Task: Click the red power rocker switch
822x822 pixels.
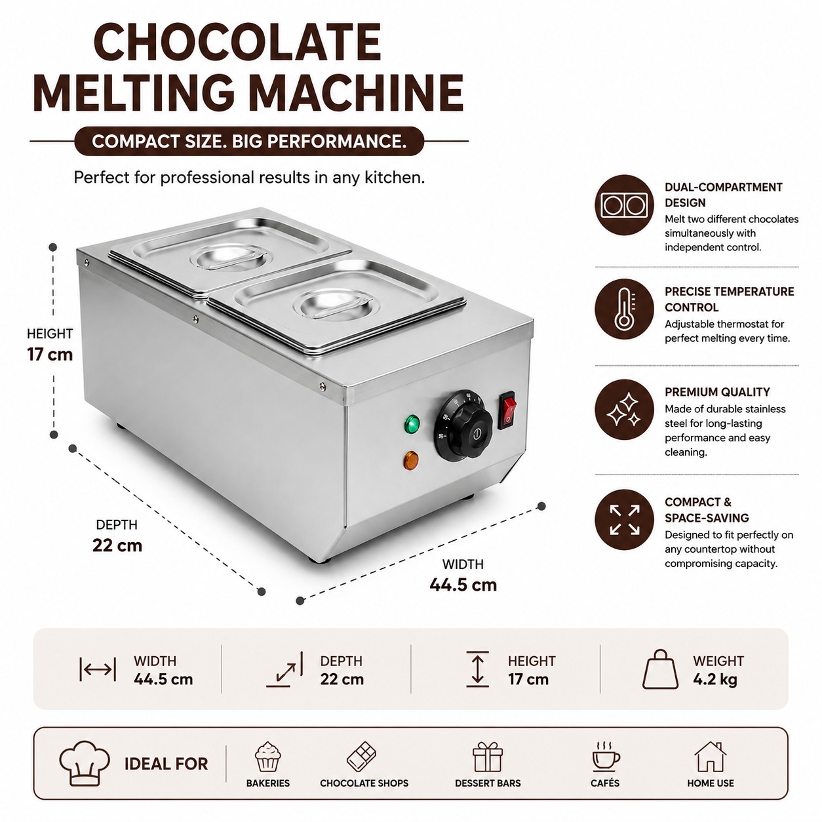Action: (x=507, y=410)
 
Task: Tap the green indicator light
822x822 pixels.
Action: (x=412, y=423)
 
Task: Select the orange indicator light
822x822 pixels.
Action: (x=411, y=461)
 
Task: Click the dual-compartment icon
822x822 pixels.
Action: (x=624, y=205)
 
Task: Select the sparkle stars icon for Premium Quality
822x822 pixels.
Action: (x=624, y=410)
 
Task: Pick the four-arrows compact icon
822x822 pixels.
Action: (x=624, y=519)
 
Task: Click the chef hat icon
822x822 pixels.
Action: (x=85, y=763)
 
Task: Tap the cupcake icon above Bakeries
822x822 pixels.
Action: (x=267, y=756)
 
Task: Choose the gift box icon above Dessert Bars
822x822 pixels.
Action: (x=488, y=756)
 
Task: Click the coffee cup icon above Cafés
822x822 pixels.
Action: (x=605, y=756)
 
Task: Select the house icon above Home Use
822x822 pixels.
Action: (x=711, y=756)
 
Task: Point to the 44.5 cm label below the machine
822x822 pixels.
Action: (x=463, y=584)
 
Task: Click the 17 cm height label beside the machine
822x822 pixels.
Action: (x=50, y=355)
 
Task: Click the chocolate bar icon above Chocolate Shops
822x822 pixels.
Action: (x=362, y=756)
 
